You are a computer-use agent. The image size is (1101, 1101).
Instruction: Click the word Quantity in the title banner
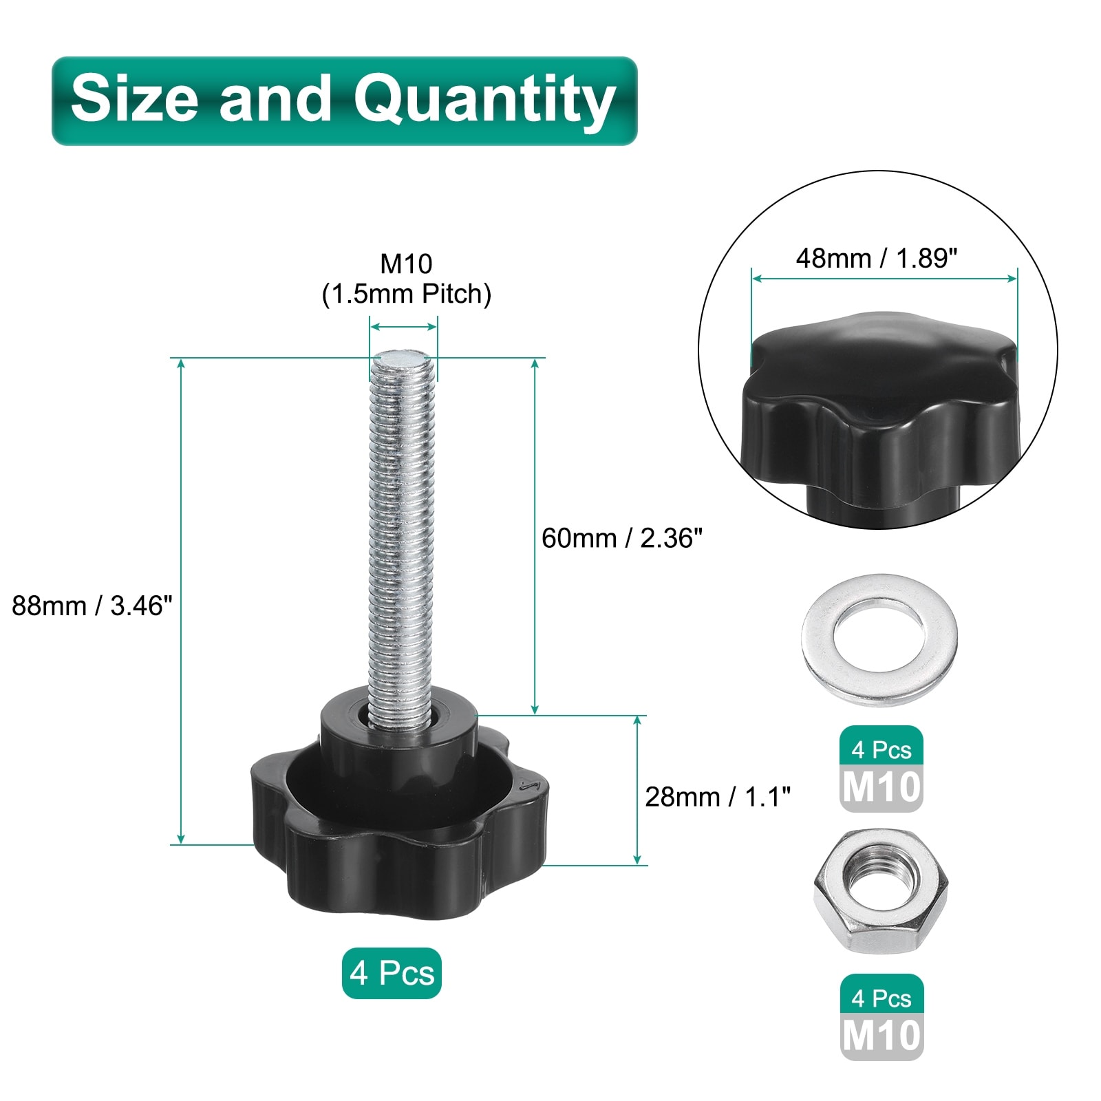484,100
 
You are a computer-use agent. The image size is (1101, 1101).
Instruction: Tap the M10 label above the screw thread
406,264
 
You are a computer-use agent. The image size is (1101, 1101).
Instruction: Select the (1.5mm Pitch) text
406,294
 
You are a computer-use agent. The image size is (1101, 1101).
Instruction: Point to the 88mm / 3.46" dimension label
92,606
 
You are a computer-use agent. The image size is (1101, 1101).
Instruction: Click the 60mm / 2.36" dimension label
621,538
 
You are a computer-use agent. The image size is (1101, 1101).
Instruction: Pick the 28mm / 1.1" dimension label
718,797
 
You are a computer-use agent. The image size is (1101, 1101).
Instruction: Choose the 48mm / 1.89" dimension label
877,258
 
